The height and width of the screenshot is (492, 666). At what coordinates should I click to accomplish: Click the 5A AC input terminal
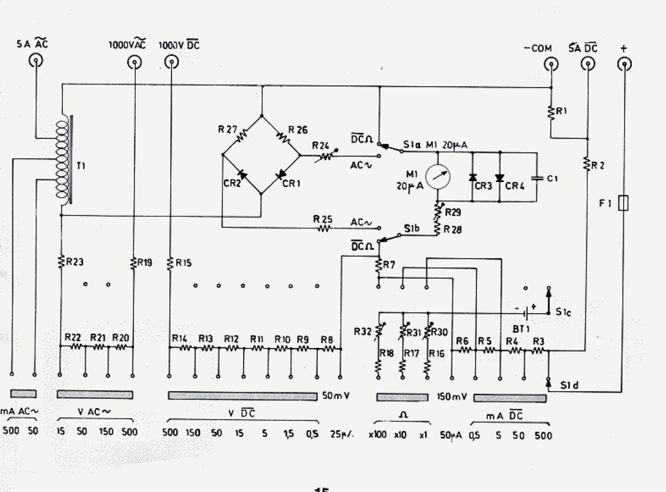(x=36, y=61)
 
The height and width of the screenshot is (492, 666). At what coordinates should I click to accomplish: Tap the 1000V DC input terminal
(x=171, y=63)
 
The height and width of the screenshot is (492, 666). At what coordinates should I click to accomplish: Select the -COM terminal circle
(x=550, y=65)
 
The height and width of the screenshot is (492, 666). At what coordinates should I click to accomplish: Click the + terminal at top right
(x=624, y=65)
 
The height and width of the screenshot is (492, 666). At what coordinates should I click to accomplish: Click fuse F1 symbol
(x=624, y=203)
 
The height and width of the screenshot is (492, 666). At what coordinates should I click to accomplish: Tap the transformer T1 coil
(x=62, y=160)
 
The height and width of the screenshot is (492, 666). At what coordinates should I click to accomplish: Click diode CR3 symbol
(x=472, y=178)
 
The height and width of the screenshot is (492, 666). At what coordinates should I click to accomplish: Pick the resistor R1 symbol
(x=550, y=112)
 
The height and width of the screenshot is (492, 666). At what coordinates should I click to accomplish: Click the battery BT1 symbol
(x=527, y=313)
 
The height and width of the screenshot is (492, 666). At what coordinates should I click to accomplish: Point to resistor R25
(x=322, y=227)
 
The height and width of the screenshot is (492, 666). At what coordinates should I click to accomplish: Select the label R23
(x=74, y=263)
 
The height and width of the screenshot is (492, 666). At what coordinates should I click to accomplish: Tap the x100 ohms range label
(x=377, y=434)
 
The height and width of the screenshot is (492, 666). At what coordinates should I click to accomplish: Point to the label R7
(x=389, y=265)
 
